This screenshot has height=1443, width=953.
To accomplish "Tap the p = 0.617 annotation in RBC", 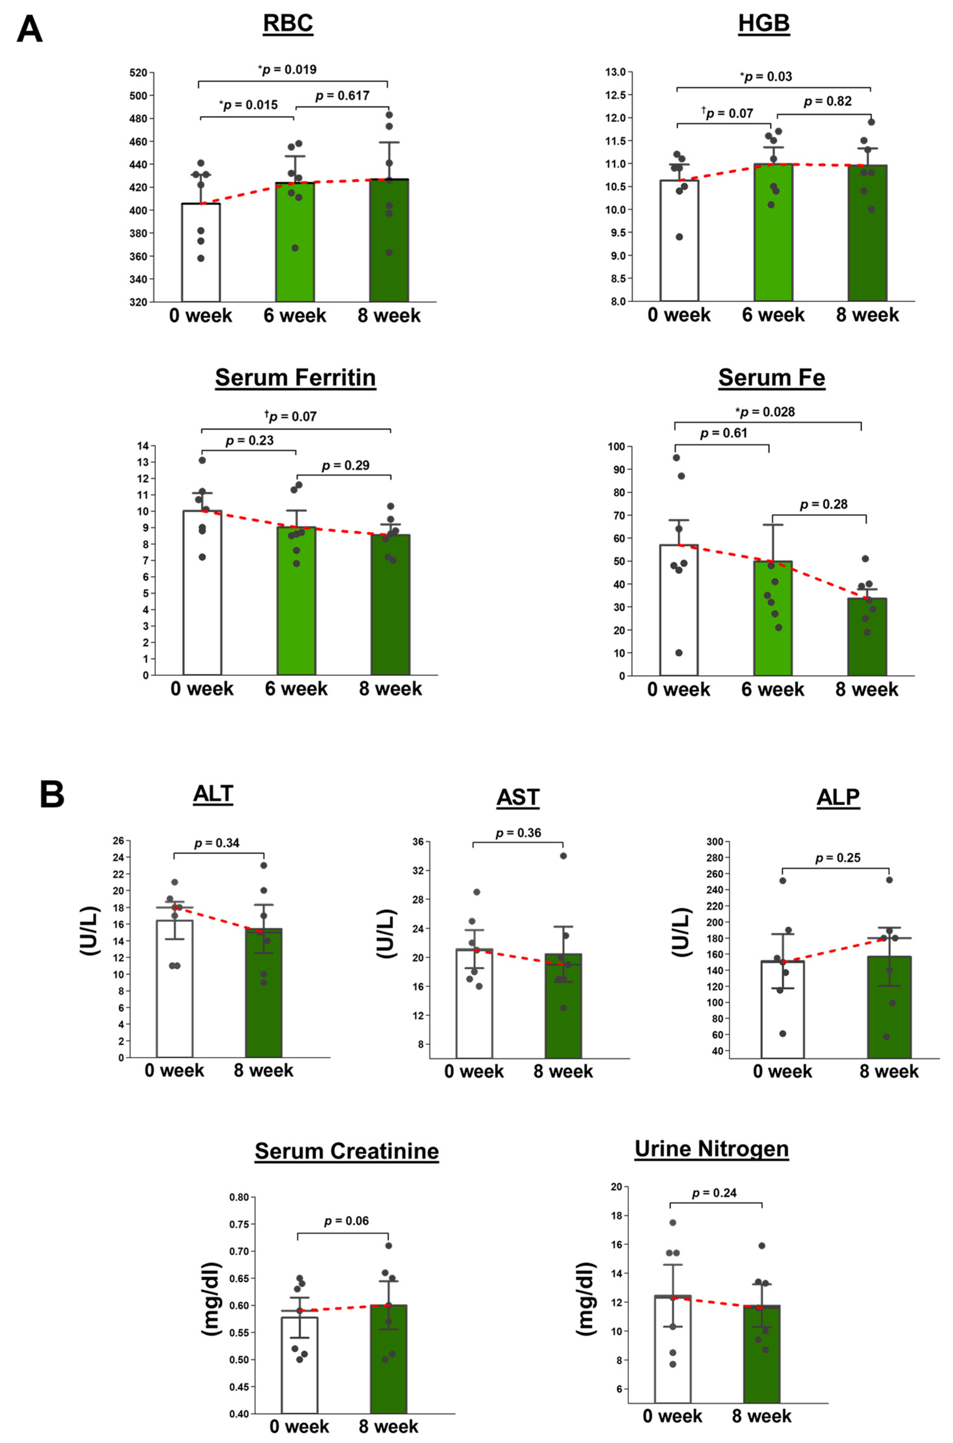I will [x=342, y=96].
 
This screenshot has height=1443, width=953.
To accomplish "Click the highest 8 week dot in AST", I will [x=563, y=856].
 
